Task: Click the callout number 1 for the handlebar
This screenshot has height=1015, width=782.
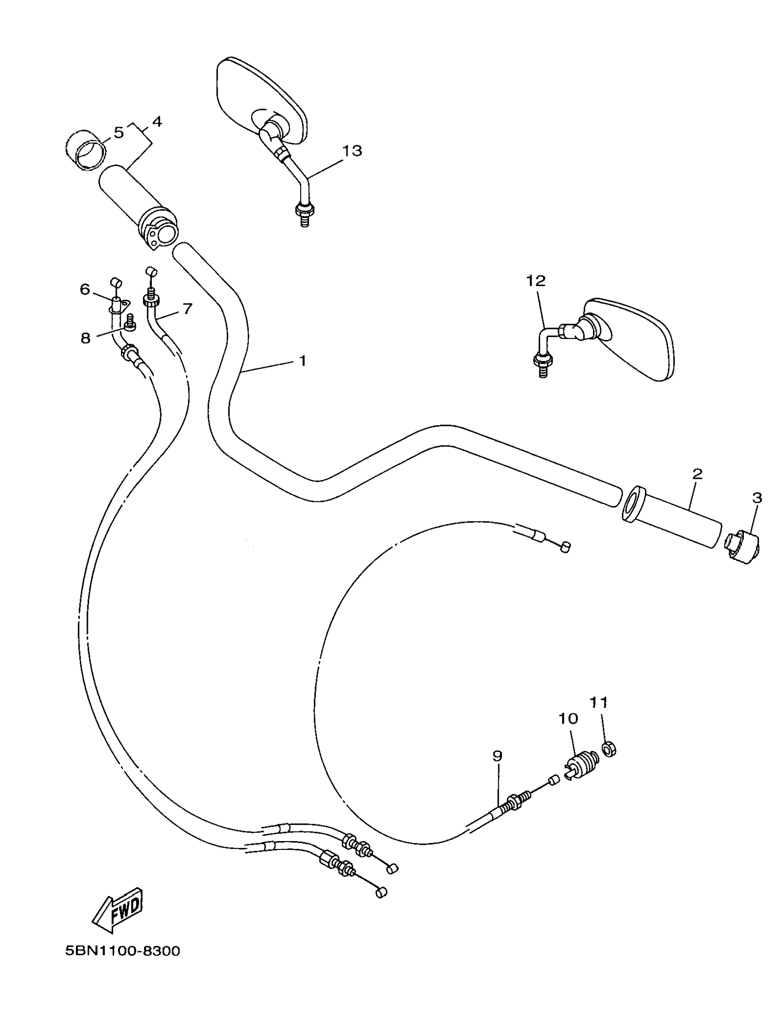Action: click(302, 361)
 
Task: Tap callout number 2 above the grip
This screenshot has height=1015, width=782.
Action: click(697, 475)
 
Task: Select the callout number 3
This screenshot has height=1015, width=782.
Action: click(757, 498)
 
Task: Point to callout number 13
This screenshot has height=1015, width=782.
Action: click(352, 151)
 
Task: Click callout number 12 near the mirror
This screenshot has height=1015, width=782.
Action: click(535, 281)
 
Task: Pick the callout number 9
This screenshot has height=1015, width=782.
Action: click(497, 756)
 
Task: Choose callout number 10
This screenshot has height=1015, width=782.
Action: click(568, 719)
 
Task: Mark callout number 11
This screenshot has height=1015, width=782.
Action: click(599, 702)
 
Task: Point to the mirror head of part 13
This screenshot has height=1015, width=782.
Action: click(261, 100)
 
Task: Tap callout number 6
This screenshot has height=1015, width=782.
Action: click(85, 290)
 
